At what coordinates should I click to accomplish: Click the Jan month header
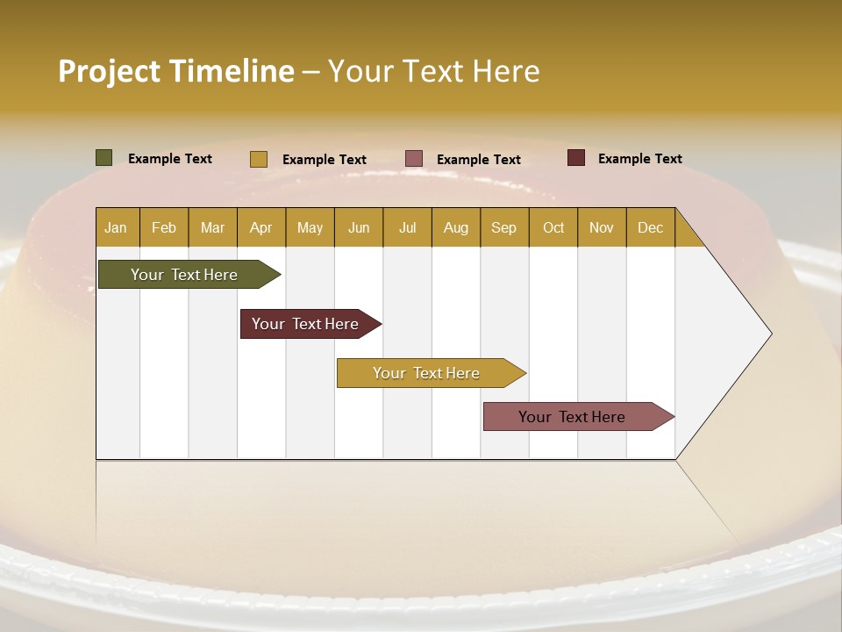point(117,227)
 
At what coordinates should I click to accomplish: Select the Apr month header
point(261,227)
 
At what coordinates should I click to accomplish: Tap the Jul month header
point(407,227)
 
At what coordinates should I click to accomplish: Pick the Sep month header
point(504,227)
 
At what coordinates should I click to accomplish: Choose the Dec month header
point(650,227)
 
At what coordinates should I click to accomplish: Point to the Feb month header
point(164,227)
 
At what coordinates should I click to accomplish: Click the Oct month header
point(553,227)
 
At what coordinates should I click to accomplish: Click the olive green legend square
point(104,158)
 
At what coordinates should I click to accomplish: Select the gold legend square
point(258,159)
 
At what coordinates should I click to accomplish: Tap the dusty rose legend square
point(414,159)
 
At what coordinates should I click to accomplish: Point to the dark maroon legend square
point(575,158)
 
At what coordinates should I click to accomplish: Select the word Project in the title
point(109,71)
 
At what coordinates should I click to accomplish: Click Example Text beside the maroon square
point(639,159)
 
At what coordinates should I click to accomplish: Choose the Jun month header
point(359,227)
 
